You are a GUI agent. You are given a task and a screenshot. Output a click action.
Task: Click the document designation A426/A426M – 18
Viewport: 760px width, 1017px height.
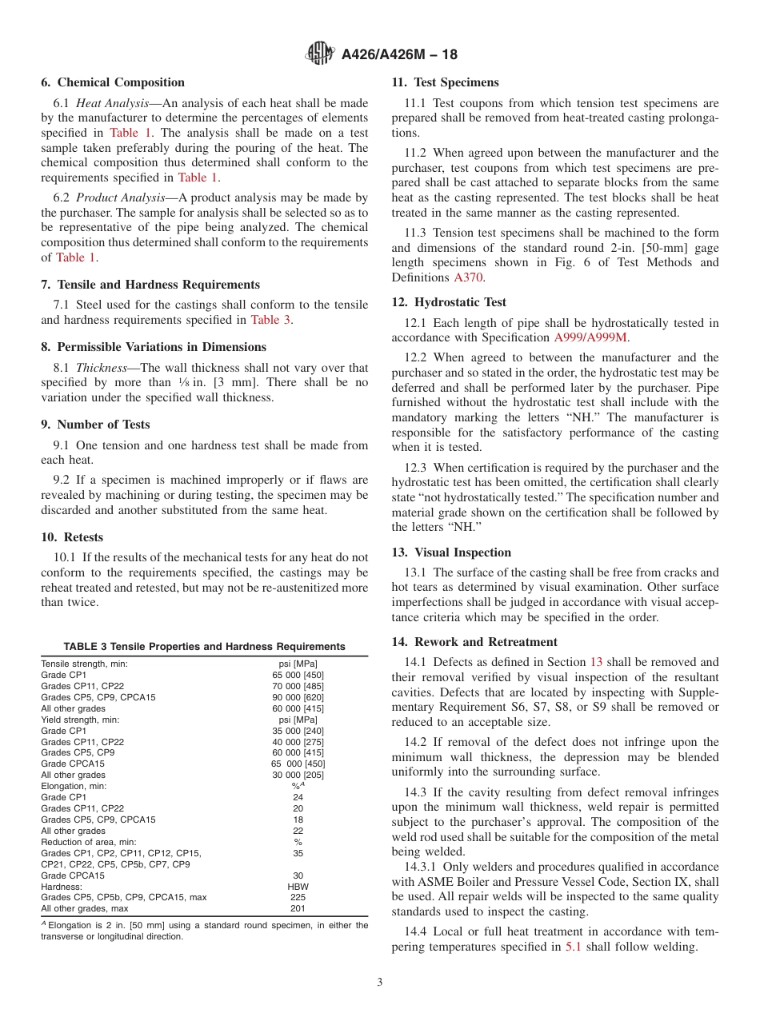click(x=399, y=55)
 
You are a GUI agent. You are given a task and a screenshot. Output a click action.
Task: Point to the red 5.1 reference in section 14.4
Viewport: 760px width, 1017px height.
click(x=574, y=947)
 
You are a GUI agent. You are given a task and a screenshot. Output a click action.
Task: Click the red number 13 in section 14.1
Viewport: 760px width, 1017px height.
click(x=596, y=662)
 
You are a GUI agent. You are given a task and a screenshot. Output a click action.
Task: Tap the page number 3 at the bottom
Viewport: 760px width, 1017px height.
click(x=380, y=983)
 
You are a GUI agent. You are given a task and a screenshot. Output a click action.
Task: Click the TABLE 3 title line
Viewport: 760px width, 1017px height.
click(x=205, y=647)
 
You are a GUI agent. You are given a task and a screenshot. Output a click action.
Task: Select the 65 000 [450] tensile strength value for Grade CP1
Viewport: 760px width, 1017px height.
click(x=298, y=675)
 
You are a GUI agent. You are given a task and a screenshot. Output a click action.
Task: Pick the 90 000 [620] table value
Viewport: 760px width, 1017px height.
click(x=298, y=697)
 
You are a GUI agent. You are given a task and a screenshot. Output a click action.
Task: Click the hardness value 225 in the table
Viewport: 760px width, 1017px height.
click(x=298, y=897)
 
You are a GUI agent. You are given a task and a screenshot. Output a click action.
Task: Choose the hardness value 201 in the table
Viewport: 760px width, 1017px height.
click(x=298, y=908)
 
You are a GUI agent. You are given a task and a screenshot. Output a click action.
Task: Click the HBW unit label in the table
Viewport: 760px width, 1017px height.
click(x=298, y=887)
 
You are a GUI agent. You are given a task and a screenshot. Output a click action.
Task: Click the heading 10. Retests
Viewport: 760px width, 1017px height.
click(x=72, y=537)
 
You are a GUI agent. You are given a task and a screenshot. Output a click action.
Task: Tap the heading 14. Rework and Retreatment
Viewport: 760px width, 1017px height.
click(x=474, y=642)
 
